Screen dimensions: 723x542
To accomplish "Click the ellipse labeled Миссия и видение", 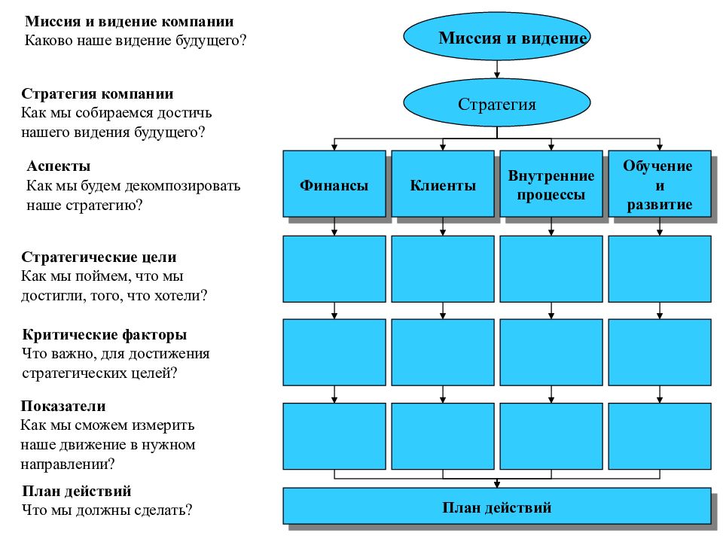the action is [496, 37].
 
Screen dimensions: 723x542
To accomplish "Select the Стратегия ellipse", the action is [496, 103].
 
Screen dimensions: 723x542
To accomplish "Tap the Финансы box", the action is [334, 184].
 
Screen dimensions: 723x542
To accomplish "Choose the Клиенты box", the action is [443, 184].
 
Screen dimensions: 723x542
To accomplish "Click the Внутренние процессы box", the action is [551, 184].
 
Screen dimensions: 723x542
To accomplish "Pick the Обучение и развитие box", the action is [660, 184].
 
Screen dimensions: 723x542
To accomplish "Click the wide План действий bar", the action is [497, 506].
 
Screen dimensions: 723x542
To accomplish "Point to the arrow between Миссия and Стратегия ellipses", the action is [497, 69].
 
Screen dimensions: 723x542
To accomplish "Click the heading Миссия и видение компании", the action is [129, 21].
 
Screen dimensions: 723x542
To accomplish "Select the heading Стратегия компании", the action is [97, 93].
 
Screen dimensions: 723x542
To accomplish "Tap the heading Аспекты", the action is [59, 166].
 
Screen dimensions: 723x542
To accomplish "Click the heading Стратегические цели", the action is [99, 257].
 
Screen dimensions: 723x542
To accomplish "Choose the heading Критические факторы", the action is [104, 334].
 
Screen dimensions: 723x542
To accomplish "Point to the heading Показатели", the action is [63, 406].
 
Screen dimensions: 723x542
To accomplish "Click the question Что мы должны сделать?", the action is [107, 510].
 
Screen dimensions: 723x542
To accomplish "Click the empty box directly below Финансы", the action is [334, 269].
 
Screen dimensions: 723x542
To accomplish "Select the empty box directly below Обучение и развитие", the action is [660, 269].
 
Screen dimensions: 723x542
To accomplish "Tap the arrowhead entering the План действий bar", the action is [497, 484].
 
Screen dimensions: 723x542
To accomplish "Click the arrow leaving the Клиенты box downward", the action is [443, 227].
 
